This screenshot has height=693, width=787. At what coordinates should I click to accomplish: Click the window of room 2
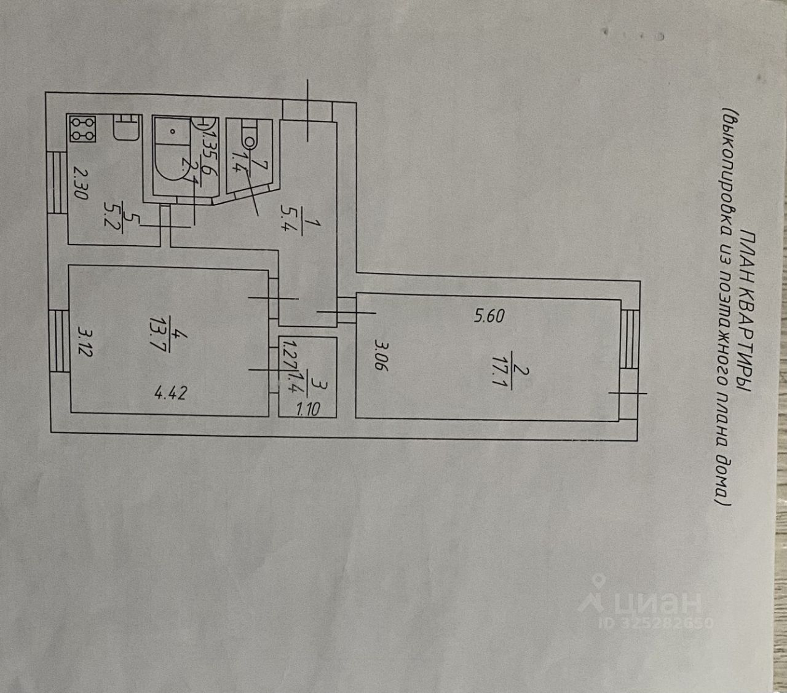(x=630, y=340)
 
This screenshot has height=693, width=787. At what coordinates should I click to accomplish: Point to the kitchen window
(x=57, y=182)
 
